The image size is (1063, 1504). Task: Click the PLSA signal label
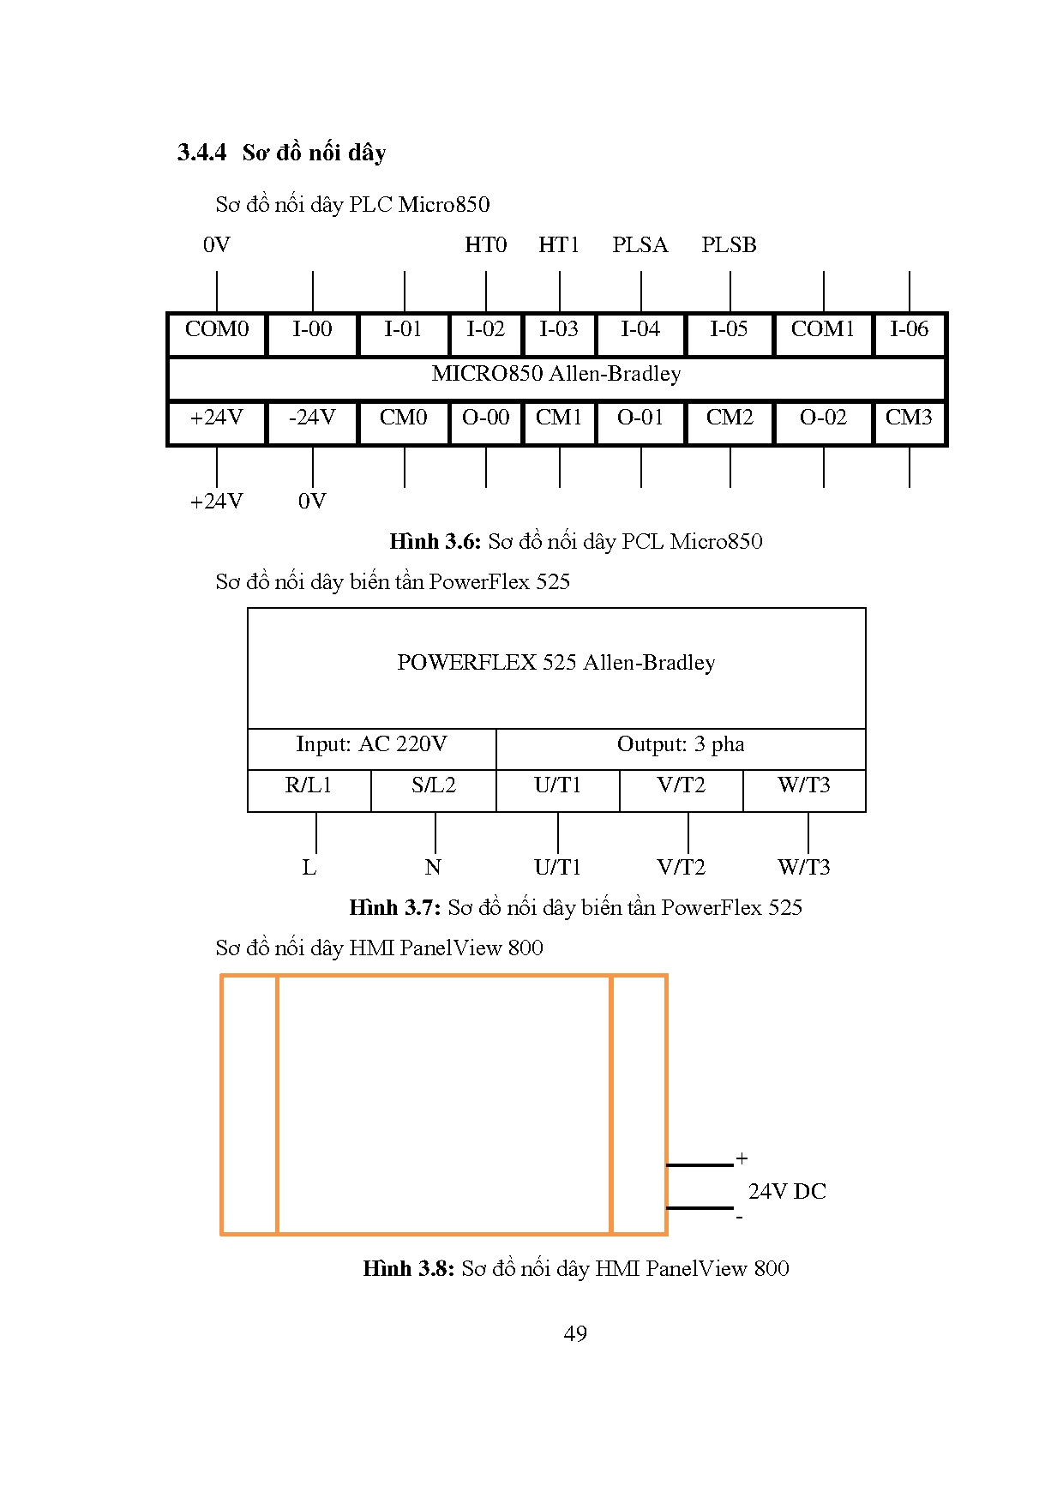640,245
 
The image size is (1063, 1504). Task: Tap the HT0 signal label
485,245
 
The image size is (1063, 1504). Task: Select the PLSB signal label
729,245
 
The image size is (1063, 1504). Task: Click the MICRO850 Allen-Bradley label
556,374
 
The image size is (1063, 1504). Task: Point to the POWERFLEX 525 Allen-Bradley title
556,663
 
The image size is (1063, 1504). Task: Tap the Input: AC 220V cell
371,744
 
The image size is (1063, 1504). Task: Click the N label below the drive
433,868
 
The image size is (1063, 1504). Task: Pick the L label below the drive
309,868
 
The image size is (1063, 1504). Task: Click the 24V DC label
787,1192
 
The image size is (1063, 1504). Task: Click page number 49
575,1334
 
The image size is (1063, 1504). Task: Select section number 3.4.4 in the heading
201,153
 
